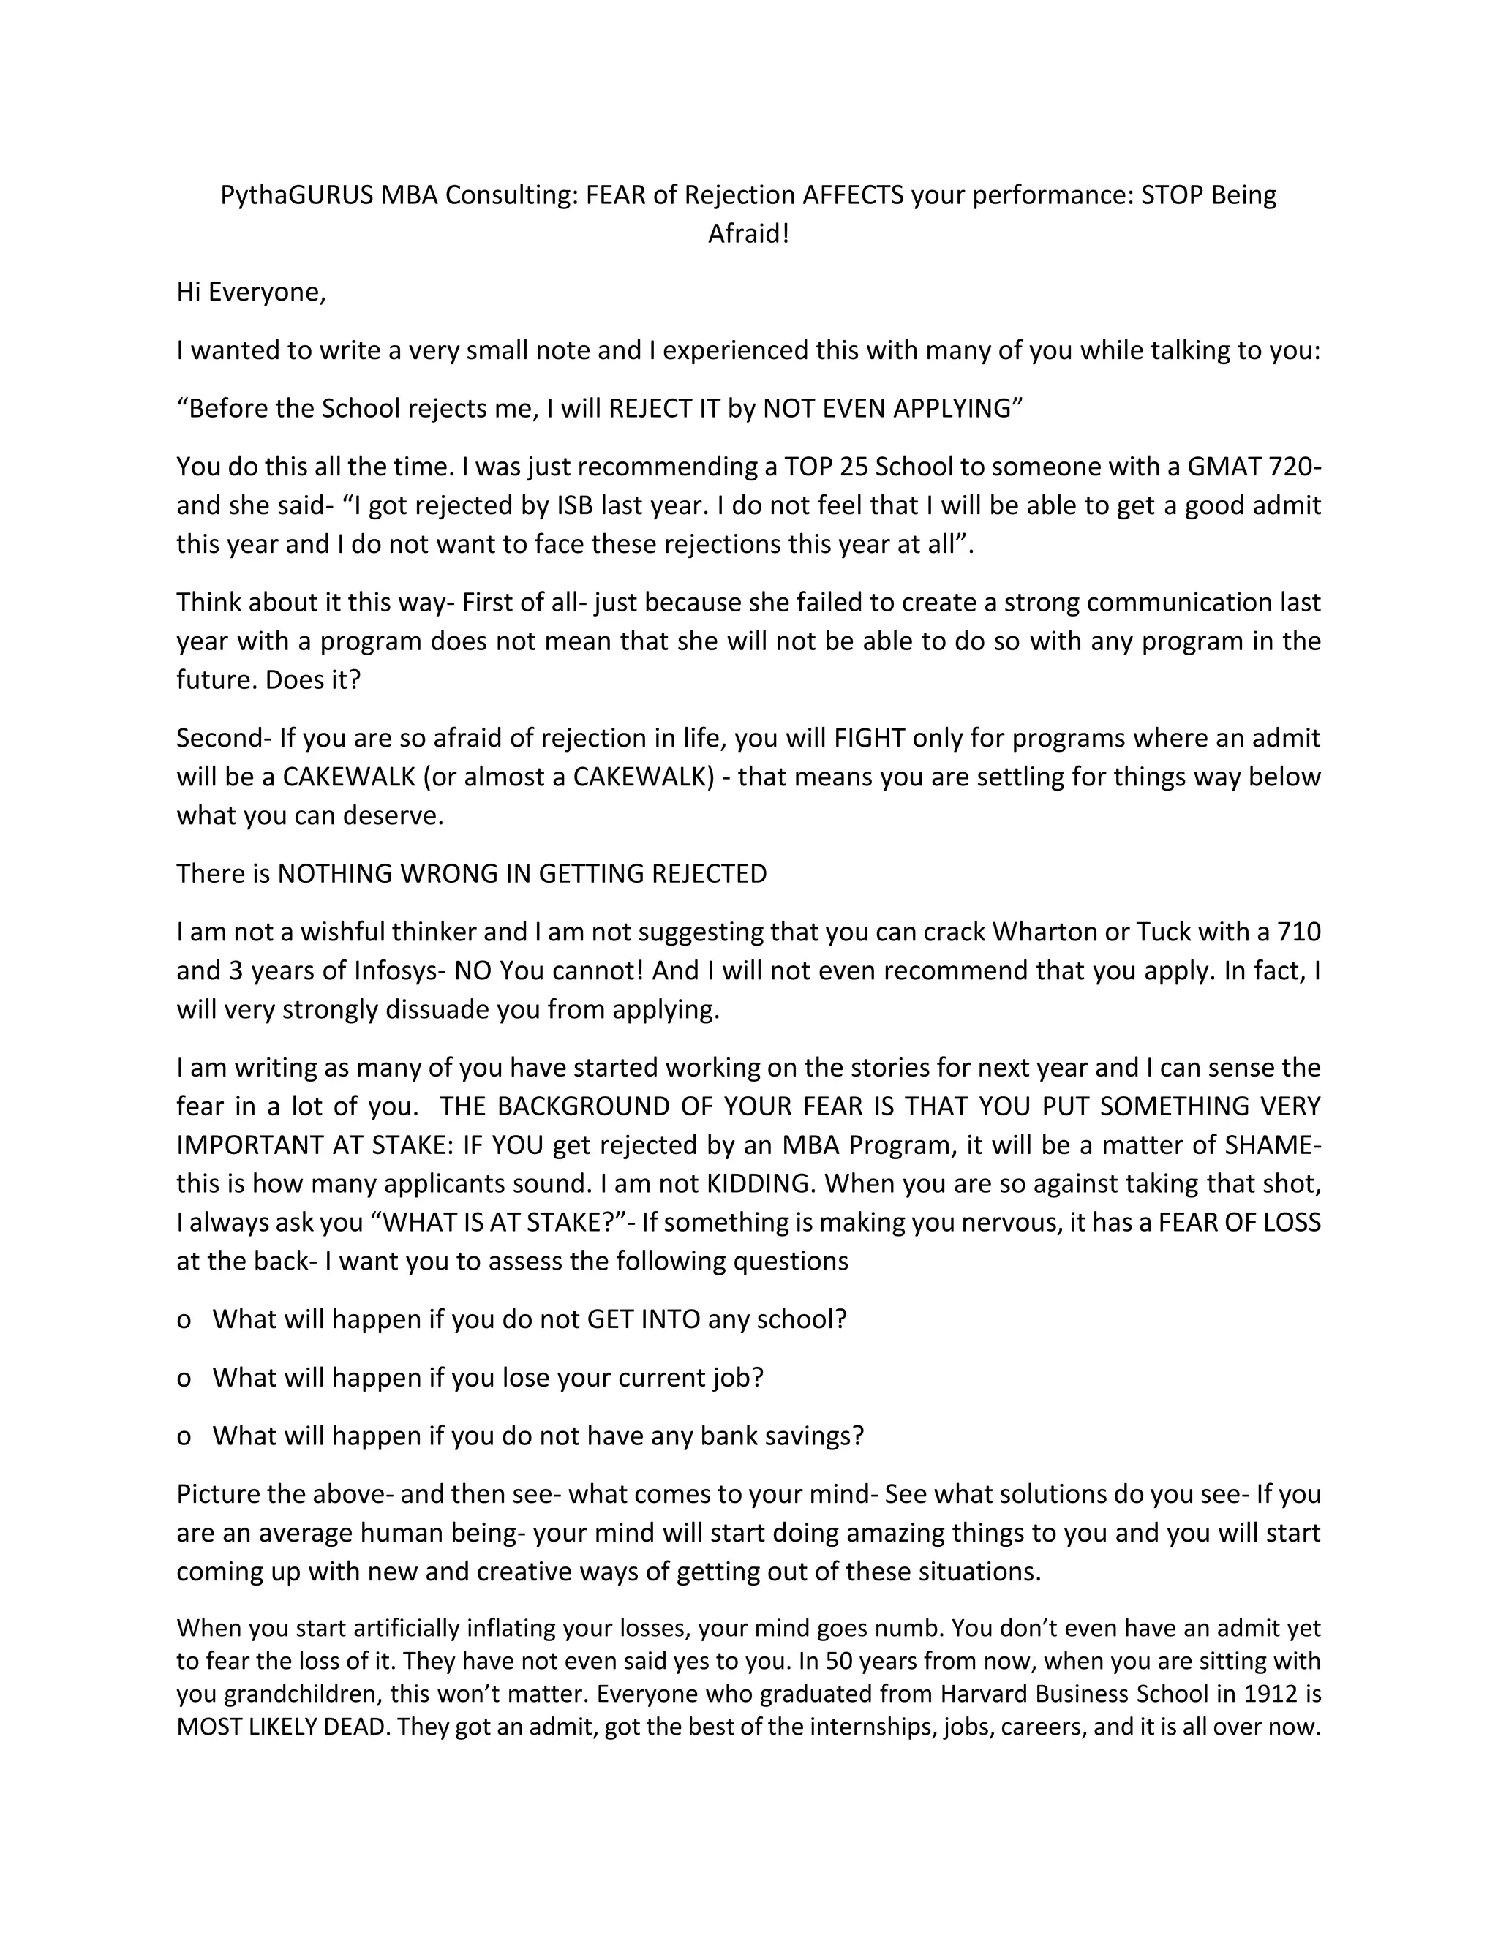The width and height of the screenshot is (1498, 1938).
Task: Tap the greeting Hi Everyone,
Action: click(251, 292)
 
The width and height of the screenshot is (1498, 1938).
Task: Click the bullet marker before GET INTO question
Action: click(184, 1319)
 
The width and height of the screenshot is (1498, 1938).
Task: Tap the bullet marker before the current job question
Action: click(184, 1378)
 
